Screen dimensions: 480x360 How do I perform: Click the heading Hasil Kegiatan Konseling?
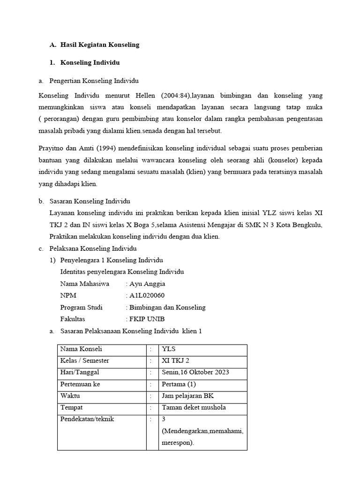100,45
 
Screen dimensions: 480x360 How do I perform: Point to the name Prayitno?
52,149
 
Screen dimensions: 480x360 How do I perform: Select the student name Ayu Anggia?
147,284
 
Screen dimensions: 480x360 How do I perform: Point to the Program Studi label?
82,307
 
